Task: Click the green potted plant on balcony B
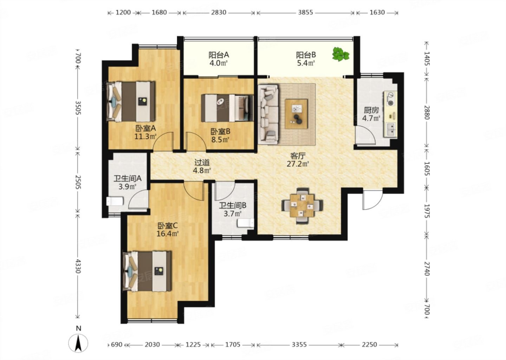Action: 340,54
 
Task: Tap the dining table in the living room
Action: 302,205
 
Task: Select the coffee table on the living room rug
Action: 296,114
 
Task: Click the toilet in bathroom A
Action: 115,201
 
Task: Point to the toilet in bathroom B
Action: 246,223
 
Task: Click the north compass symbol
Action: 78,343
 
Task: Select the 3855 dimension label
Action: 305,12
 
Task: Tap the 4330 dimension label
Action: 78,266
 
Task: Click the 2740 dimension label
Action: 427,269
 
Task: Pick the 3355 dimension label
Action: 299,345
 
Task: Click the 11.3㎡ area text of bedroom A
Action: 145,136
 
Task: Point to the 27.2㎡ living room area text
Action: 298,164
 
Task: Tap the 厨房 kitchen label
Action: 371,110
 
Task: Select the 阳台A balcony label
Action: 219,55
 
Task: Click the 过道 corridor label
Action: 202,162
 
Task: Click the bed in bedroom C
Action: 147,271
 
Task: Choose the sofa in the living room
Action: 268,114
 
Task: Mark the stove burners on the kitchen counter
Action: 390,98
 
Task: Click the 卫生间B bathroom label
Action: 233,205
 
